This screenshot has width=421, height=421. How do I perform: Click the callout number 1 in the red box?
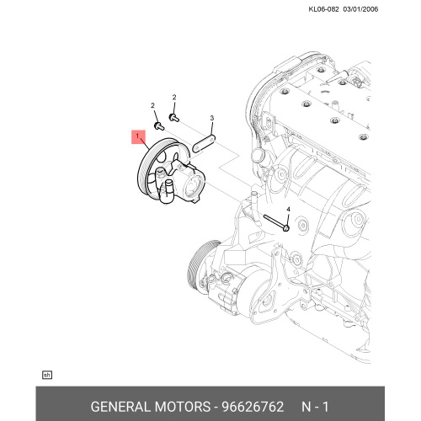pos(137,136)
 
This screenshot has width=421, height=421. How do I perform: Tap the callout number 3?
pos(212,118)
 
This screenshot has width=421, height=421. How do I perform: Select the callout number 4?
pos(288,210)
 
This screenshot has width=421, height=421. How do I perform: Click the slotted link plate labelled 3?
pos(204,143)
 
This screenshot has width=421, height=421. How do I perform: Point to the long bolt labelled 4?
pos(277,222)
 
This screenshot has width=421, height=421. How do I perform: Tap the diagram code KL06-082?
pos(323,9)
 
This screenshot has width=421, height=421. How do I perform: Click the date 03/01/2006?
pos(360,9)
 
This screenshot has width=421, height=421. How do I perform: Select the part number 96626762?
pos(253,407)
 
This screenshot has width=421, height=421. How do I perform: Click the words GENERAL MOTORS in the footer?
pos(151,407)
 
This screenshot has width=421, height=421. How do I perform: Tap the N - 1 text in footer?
pos(315,407)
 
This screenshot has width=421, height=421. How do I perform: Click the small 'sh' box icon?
pos(47,375)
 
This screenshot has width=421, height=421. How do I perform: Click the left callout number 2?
pos(152,105)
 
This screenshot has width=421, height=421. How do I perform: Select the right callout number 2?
pos(174,98)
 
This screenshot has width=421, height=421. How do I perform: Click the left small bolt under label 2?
pos(159,125)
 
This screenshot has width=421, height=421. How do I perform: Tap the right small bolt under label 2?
pos(174,117)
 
